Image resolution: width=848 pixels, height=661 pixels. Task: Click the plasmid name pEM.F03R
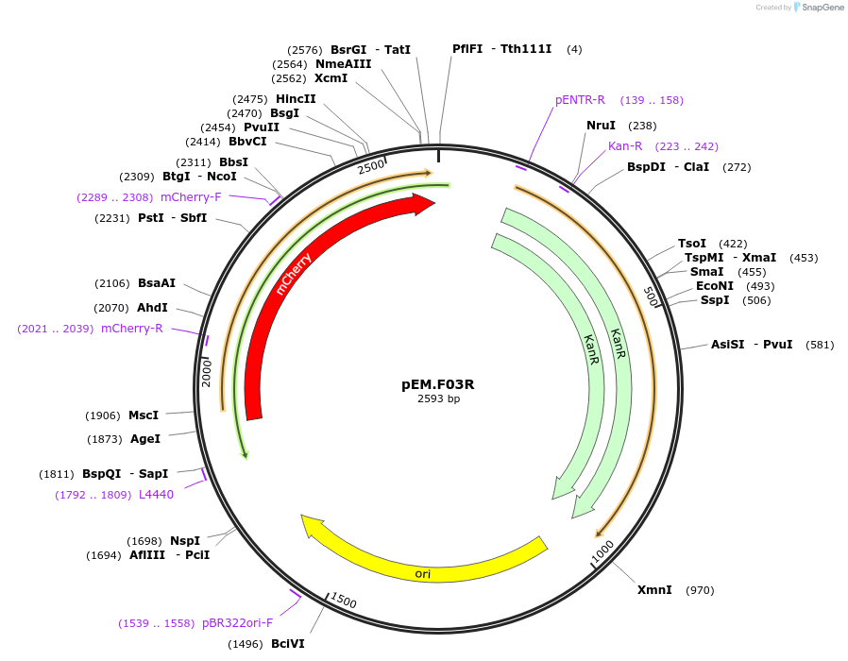click(438, 384)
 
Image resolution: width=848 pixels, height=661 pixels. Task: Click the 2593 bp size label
click(438, 398)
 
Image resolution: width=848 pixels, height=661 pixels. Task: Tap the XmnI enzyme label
click(654, 590)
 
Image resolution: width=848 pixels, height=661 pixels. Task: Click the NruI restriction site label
click(601, 126)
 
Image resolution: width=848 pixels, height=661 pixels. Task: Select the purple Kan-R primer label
click(625, 146)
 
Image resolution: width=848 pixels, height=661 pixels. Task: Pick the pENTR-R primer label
click(580, 100)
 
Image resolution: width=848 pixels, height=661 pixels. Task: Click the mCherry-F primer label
click(191, 197)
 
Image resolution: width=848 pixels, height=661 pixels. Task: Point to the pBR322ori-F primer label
click(237, 623)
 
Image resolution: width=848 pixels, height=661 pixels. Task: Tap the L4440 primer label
click(156, 495)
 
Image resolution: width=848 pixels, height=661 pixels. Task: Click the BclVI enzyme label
click(288, 644)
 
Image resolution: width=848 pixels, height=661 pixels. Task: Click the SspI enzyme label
click(715, 300)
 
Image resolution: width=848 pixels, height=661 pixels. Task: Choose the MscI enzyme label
click(144, 415)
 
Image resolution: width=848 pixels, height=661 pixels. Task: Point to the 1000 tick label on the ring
click(602, 553)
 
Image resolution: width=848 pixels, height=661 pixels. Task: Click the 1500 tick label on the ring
click(344, 602)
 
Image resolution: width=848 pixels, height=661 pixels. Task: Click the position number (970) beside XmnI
click(700, 590)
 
